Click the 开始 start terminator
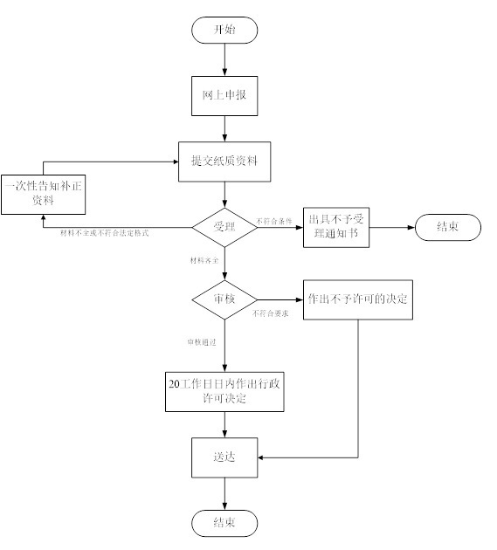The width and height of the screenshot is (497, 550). pos(224,29)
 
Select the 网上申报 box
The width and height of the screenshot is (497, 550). pos(224,96)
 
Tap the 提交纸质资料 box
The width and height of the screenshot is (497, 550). pos(224,162)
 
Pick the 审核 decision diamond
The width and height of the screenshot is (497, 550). pos(224,299)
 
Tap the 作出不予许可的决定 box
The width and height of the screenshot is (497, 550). pos(358,299)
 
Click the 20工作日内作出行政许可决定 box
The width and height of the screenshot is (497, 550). pos(224,391)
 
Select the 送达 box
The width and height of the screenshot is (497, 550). pos(224,457)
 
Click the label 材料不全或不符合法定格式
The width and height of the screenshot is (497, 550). pos(104,235)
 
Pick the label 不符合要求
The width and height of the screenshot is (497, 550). pos(270,312)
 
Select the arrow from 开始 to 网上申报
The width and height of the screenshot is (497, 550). pos(224,59)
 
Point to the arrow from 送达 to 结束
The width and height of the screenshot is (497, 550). pos(224,492)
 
